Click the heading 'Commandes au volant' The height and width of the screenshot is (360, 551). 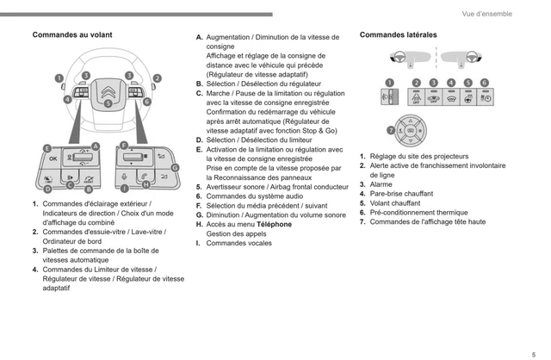[72, 35]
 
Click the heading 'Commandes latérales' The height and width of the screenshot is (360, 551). [398, 35]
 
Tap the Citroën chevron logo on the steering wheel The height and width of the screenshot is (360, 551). [108, 89]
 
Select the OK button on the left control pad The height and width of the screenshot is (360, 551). [53, 159]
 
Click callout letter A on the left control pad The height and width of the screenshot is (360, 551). [96, 146]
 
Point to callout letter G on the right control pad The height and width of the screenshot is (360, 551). [175, 167]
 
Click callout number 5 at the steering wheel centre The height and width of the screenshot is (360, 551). [108, 103]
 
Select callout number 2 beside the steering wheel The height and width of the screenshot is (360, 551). [157, 78]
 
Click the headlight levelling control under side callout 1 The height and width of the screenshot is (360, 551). [388, 97]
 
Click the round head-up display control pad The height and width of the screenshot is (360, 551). [410, 131]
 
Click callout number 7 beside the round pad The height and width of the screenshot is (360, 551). [390, 131]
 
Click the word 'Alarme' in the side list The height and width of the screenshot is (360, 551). [381, 184]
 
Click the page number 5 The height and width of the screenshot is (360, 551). [535, 348]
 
